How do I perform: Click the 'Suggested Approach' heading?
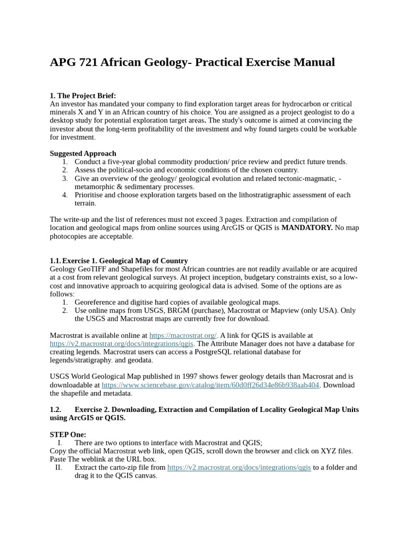tap(83, 153)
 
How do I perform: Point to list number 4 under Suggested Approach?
tap(65, 195)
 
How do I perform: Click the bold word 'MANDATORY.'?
tap(307, 228)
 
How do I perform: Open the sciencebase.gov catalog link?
tap(210, 385)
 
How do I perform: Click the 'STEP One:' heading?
tap(68, 435)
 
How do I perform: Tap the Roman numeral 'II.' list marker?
tap(59, 467)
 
